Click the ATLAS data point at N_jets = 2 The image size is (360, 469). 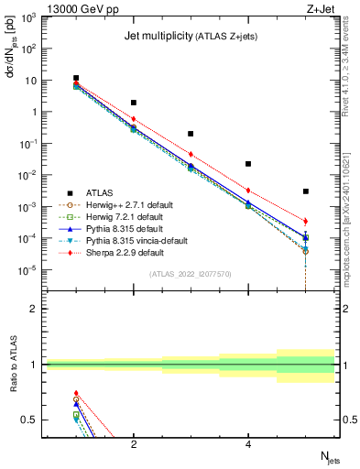click(x=134, y=103)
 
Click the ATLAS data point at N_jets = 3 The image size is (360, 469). click(x=191, y=134)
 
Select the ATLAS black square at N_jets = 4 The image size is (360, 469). click(x=248, y=164)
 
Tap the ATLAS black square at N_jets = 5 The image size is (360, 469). click(x=305, y=191)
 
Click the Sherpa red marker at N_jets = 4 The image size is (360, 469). click(x=248, y=191)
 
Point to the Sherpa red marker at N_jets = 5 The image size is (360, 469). click(x=305, y=222)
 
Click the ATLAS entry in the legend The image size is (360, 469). click(x=100, y=192)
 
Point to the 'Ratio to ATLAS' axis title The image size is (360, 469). click(x=12, y=366)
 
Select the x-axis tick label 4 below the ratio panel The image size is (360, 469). click(x=248, y=444)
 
